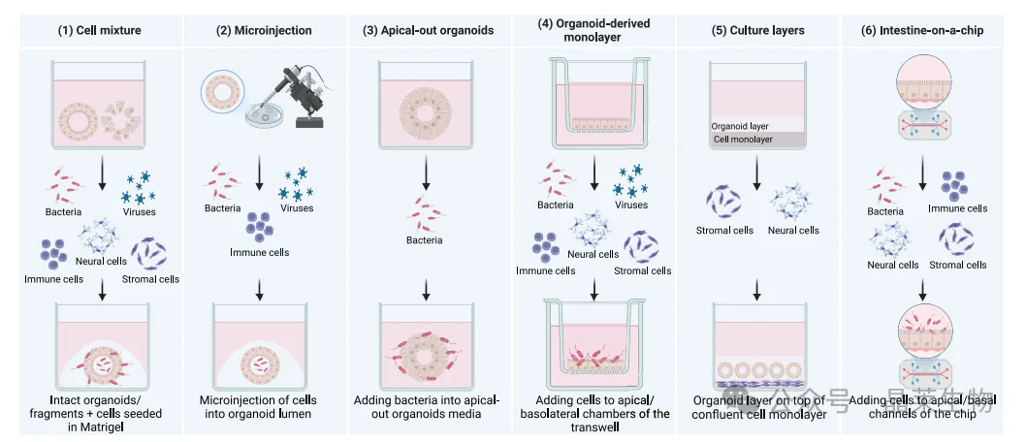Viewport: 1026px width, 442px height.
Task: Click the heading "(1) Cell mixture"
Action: [100, 30]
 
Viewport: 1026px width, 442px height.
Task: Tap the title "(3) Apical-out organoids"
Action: [428, 30]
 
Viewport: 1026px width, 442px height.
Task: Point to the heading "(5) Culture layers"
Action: [757, 30]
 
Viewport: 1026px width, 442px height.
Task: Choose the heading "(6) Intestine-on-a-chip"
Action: [922, 30]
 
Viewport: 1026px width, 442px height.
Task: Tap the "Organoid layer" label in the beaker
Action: [740, 126]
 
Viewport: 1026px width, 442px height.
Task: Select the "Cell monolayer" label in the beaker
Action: [745, 140]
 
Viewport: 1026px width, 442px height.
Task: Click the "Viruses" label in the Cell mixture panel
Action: [140, 210]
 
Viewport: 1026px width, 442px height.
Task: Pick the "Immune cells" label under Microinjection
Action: [259, 252]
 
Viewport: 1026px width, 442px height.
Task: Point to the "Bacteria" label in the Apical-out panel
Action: [425, 239]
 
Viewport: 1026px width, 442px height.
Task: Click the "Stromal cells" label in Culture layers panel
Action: [724, 230]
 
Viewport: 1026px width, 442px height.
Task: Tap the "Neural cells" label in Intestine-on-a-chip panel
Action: [893, 265]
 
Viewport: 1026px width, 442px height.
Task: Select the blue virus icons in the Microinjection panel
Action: [296, 181]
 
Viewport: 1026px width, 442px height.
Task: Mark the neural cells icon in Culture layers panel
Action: [792, 204]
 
